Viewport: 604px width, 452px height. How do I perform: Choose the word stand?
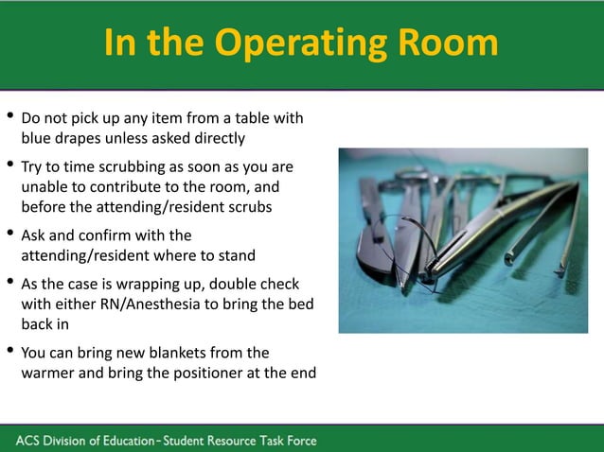coord(235,255)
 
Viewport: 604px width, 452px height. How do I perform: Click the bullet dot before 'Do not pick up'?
coord(9,118)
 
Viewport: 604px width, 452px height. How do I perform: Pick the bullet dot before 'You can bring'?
coord(9,352)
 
